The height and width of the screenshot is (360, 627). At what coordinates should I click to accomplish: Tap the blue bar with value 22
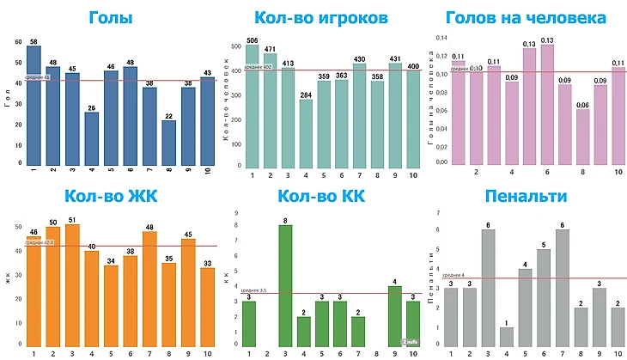pyautogui.click(x=168, y=142)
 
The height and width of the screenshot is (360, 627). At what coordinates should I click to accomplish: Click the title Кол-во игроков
pyautogui.click(x=321, y=17)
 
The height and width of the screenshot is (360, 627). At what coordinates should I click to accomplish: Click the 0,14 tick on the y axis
pyautogui.click(x=442, y=39)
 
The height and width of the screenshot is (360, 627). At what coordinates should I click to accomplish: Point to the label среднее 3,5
pyautogui.click(x=255, y=290)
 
